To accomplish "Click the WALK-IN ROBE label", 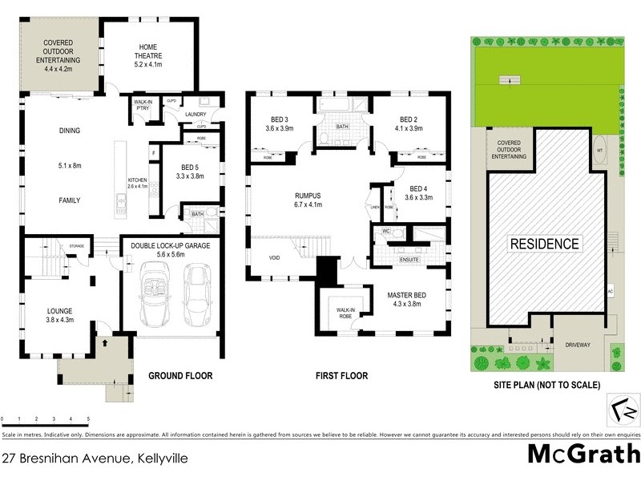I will pyautogui.click(x=345, y=312).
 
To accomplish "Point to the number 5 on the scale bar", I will pyautogui.click(x=88, y=419).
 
